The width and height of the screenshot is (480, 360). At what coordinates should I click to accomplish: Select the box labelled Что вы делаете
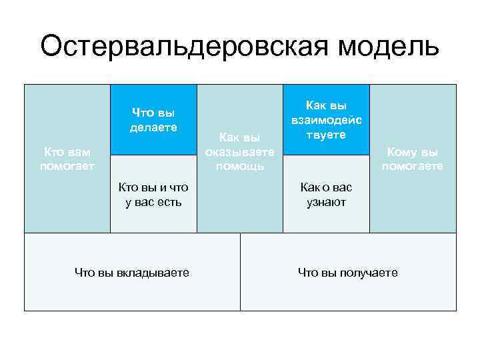(x=153, y=120)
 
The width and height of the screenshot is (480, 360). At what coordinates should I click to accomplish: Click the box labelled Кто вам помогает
(x=67, y=159)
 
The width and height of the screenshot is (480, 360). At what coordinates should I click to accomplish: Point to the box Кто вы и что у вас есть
(x=153, y=194)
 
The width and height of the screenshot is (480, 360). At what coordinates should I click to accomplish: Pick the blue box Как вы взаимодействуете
(x=326, y=120)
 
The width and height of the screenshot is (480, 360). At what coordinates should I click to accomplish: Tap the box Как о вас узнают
(x=326, y=194)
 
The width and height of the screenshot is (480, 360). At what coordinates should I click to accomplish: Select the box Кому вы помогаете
(x=413, y=159)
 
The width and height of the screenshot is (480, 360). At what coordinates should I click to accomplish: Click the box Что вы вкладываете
(x=132, y=272)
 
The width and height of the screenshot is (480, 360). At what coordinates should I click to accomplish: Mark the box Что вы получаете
(x=348, y=272)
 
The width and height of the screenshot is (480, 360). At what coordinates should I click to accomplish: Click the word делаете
(x=153, y=127)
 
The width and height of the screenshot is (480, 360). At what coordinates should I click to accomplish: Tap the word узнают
(x=326, y=201)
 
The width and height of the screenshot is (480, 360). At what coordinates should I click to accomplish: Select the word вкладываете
(x=152, y=272)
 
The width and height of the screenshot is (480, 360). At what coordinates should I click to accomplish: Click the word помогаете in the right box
(x=413, y=166)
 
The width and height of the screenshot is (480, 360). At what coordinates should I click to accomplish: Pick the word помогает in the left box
(x=67, y=166)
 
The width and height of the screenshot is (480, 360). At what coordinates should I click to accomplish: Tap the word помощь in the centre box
(x=240, y=165)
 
